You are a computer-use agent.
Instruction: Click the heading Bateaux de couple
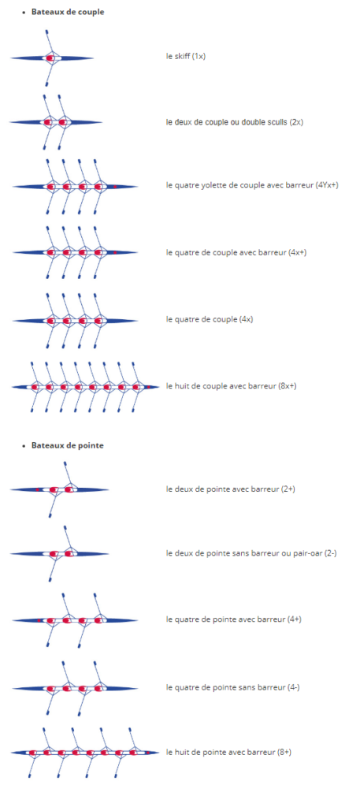[x=68, y=12]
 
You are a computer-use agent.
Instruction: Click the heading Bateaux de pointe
[x=68, y=445]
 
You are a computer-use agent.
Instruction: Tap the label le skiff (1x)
[x=186, y=56]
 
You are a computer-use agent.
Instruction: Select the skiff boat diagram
[x=52, y=58]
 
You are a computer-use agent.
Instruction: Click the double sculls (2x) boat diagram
[x=56, y=122]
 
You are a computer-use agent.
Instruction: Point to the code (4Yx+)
[x=327, y=185]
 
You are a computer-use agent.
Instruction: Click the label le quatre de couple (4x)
[x=210, y=319]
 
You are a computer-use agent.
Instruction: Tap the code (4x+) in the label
[x=299, y=252]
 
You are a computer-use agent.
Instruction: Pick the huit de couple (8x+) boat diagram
[x=85, y=386]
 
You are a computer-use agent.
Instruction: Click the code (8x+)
[x=287, y=385]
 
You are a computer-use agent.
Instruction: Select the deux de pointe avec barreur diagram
[x=59, y=489]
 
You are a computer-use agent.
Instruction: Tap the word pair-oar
[x=310, y=553]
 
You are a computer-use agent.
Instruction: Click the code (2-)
[x=331, y=553]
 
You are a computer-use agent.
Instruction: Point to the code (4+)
[x=295, y=619]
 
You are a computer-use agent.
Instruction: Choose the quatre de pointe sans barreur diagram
[x=75, y=688]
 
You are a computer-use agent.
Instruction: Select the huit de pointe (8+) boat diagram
[x=85, y=753]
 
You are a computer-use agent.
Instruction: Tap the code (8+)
[x=284, y=752]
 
